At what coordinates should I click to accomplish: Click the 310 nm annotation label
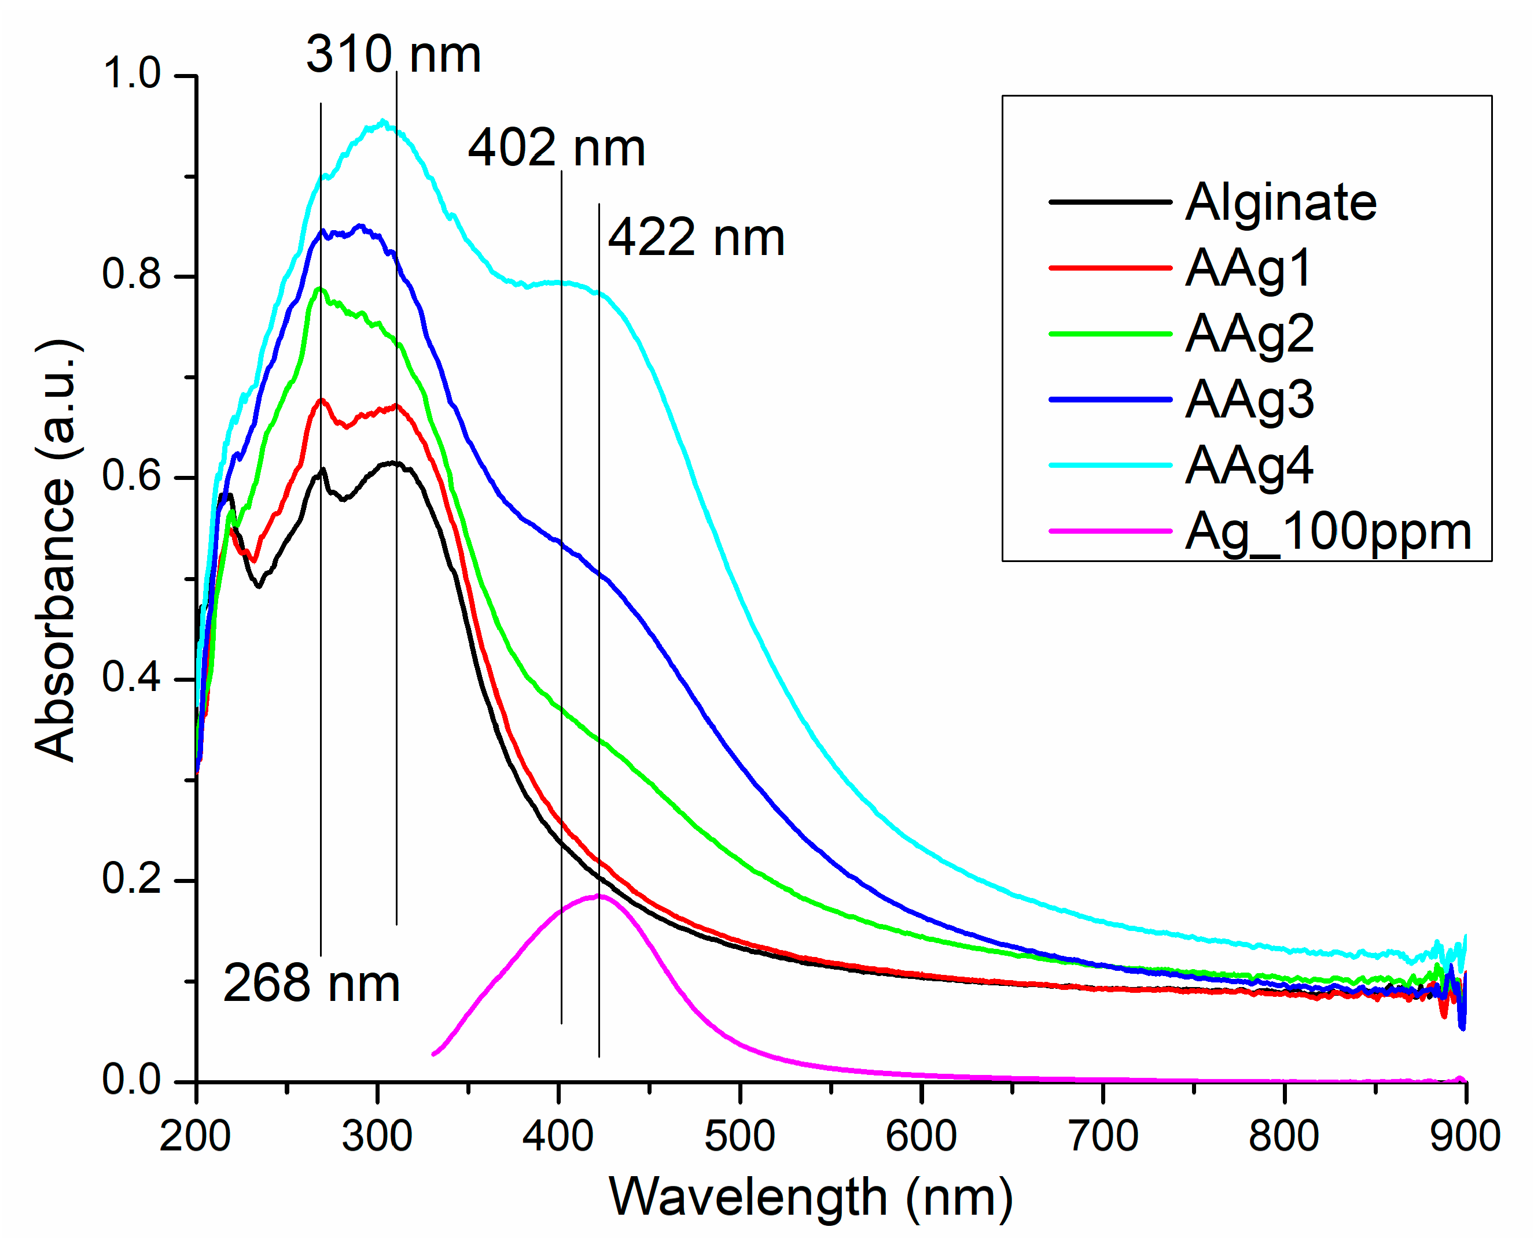tap(393, 55)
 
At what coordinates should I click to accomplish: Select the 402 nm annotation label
tap(557, 149)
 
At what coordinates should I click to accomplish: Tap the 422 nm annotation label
tap(696, 238)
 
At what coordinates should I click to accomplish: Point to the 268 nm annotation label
tap(311, 984)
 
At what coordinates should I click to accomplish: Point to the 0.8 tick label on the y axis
tap(132, 275)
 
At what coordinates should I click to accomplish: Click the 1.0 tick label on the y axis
tap(132, 73)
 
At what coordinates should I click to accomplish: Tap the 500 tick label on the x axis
tap(740, 1137)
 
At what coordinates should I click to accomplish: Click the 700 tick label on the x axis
tap(1103, 1137)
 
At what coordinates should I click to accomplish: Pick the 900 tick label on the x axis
tap(1465, 1137)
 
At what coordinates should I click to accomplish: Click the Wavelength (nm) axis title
tap(811, 1198)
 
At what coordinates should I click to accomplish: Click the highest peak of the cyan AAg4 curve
tap(382, 122)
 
